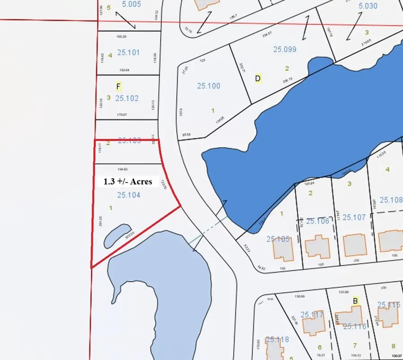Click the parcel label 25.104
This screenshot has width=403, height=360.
pyautogui.click(x=129, y=195)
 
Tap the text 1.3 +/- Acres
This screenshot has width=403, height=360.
pyautogui.click(x=128, y=182)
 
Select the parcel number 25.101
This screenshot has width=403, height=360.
pyautogui.click(x=128, y=52)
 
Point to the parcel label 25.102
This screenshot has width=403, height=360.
pyautogui.click(x=127, y=98)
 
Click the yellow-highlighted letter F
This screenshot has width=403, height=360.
pyautogui.click(x=119, y=86)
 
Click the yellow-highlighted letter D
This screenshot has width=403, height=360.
pyautogui.click(x=258, y=78)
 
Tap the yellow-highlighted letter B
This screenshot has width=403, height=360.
pyautogui.click(x=356, y=301)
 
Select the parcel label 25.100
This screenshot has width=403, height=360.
pyautogui.click(x=208, y=86)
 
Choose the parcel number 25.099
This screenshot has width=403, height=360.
pyautogui.click(x=285, y=49)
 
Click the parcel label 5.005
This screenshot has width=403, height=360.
pyautogui.click(x=131, y=4)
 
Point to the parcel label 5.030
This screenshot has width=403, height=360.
pyautogui.click(x=368, y=6)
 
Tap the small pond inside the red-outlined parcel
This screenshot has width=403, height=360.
pyautogui.click(x=116, y=235)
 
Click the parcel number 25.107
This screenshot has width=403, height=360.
pyautogui.click(x=355, y=217)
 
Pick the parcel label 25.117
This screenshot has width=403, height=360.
pyautogui.click(x=312, y=315)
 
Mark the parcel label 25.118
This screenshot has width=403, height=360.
pyautogui.click(x=277, y=339)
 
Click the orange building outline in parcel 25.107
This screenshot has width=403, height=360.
pyautogui.click(x=354, y=245)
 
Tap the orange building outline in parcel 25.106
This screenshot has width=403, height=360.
pyautogui.click(x=316, y=246)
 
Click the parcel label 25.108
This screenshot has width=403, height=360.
pyautogui.click(x=391, y=200)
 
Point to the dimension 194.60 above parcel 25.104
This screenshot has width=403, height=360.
pyautogui.click(x=122, y=169)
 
